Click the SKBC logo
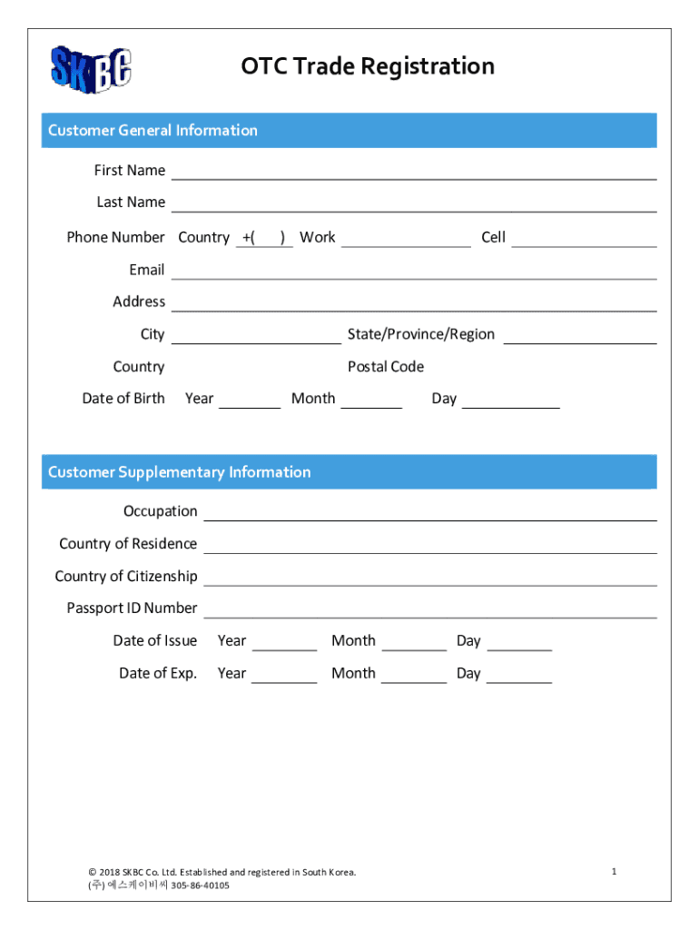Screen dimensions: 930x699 point(91,69)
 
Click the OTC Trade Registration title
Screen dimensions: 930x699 point(368,66)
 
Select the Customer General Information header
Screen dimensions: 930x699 point(153,131)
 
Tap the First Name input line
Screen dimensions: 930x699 point(413,173)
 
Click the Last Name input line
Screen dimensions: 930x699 point(413,204)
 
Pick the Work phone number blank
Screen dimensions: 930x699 point(406,240)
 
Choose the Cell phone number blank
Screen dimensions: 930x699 point(583,240)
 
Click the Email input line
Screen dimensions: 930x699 point(413,272)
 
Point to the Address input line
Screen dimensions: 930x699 point(413,304)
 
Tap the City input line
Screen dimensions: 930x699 point(256,337)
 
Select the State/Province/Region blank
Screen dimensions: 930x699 point(579,337)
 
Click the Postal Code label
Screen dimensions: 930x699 point(386,367)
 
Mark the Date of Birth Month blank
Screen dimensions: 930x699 point(371,401)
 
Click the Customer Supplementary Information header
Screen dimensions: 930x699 point(179,472)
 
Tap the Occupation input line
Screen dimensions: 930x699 point(429,514)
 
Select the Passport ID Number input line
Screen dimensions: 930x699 point(429,610)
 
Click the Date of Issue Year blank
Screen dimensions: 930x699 point(284,644)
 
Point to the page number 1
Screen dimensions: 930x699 point(615,872)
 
